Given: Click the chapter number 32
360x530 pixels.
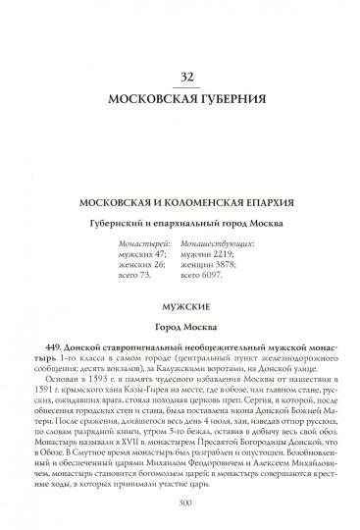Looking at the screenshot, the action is tap(180, 76).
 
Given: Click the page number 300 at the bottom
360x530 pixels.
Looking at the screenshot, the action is tap(180, 503).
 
